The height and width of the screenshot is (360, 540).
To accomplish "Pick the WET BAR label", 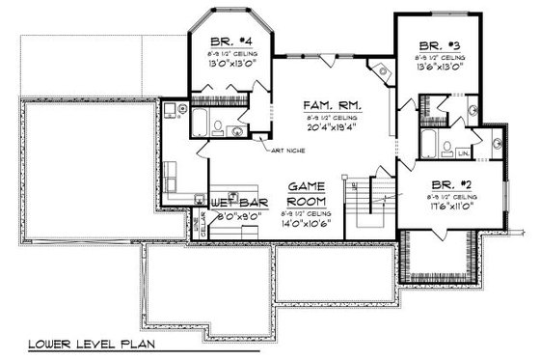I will pos(235,205).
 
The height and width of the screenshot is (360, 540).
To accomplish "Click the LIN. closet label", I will pos(463,152).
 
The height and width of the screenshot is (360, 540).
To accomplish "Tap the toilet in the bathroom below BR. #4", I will pos(219,126).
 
